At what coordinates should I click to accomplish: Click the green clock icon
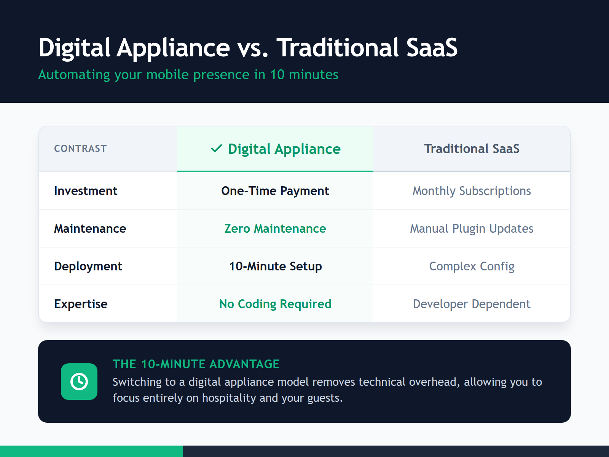click(79, 382)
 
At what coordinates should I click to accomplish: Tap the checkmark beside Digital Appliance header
click(216, 149)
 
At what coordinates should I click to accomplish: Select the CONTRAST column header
click(80, 149)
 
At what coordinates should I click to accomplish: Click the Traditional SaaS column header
click(472, 149)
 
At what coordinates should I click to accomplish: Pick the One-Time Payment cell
click(275, 191)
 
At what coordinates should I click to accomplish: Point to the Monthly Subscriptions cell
click(472, 191)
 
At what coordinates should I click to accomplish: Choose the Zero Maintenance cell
click(275, 228)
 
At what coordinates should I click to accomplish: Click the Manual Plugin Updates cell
click(472, 228)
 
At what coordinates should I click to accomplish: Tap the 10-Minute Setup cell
click(275, 266)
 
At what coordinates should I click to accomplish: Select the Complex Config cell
click(472, 266)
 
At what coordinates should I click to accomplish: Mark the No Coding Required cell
click(275, 304)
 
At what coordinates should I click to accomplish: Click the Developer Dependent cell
click(472, 304)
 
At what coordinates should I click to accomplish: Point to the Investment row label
click(86, 191)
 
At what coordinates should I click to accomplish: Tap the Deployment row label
click(88, 266)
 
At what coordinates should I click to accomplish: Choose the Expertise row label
click(81, 304)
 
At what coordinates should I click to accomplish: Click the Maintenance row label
click(90, 228)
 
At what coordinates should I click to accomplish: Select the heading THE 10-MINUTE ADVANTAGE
click(196, 364)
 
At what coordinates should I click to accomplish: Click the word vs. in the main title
click(253, 48)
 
